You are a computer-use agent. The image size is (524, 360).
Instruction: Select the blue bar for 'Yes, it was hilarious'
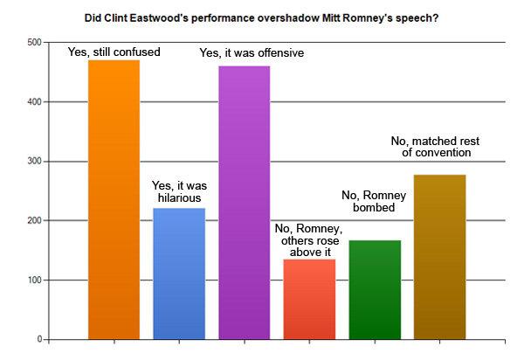click(179, 273)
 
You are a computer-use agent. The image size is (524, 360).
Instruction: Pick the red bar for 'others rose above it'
click(309, 299)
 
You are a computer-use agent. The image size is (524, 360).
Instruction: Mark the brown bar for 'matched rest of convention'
click(439, 257)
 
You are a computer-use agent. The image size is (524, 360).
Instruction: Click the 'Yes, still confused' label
click(114, 52)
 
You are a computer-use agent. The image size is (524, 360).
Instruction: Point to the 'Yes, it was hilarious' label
click(179, 192)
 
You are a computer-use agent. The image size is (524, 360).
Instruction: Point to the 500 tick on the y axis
click(34, 43)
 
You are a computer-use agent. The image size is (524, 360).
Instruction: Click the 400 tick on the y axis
click(34, 102)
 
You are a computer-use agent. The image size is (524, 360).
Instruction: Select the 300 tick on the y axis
click(34, 162)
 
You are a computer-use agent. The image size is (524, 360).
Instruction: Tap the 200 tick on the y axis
click(34, 221)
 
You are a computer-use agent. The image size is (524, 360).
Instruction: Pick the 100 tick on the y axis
click(34, 280)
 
